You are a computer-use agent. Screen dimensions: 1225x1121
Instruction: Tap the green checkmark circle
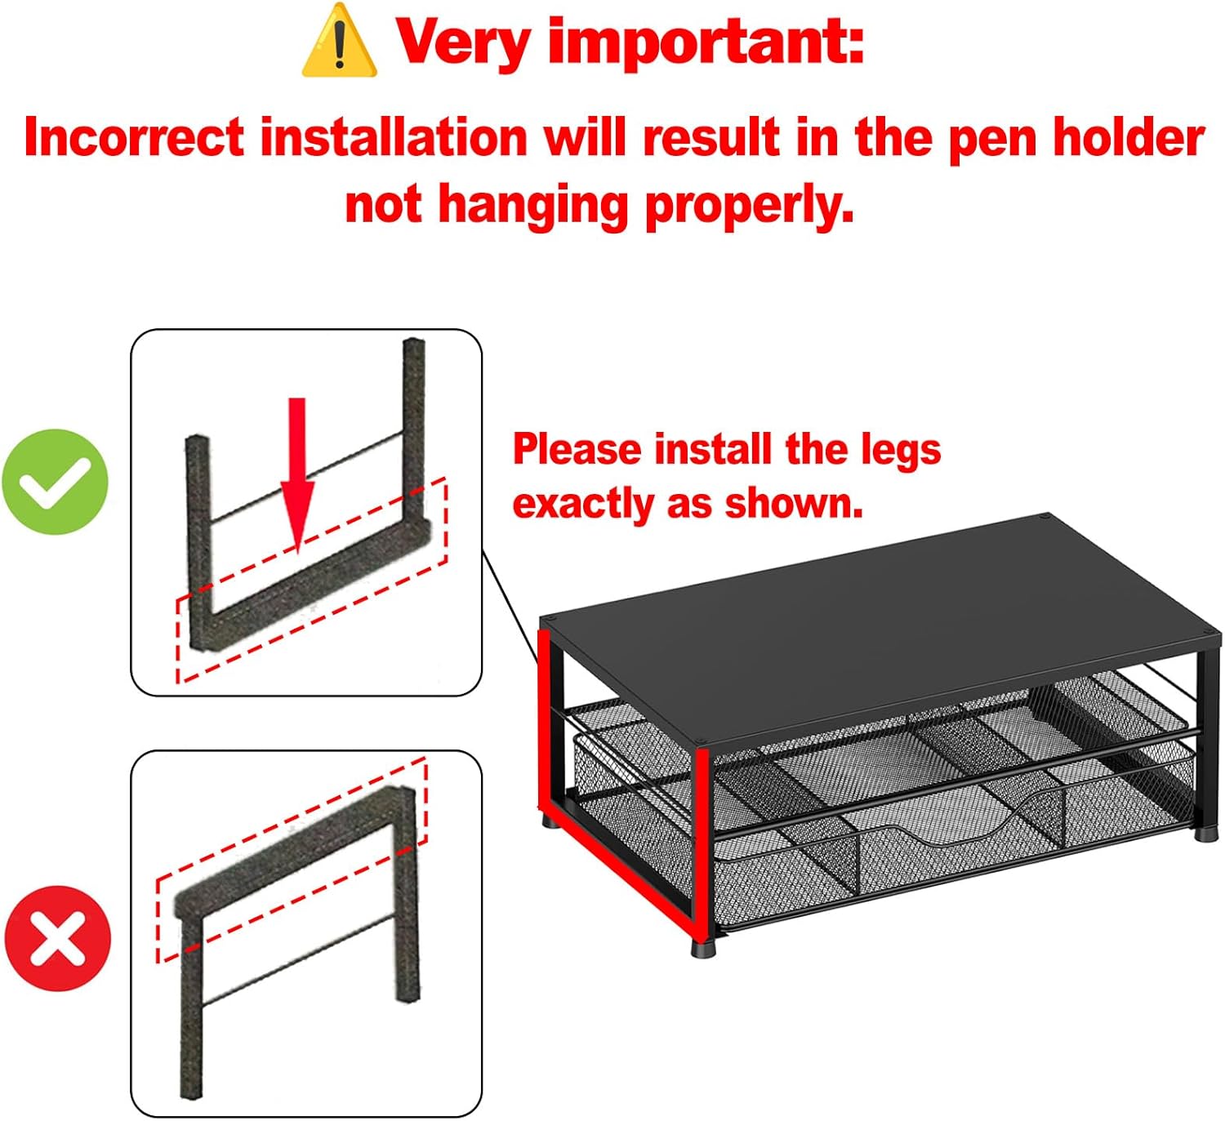pos(55,482)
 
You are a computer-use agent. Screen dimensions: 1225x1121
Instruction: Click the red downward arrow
pos(297,476)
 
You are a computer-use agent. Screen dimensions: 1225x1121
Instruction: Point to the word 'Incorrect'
pos(135,137)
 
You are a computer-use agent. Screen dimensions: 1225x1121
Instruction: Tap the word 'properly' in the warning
pos(749,207)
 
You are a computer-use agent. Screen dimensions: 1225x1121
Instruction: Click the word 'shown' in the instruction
pos(795,504)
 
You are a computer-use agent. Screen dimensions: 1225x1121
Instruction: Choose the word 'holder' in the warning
pos(1129,137)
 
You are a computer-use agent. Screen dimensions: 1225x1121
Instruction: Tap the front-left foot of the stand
pos(703,948)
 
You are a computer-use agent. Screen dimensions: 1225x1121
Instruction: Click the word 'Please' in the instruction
pos(577,450)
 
